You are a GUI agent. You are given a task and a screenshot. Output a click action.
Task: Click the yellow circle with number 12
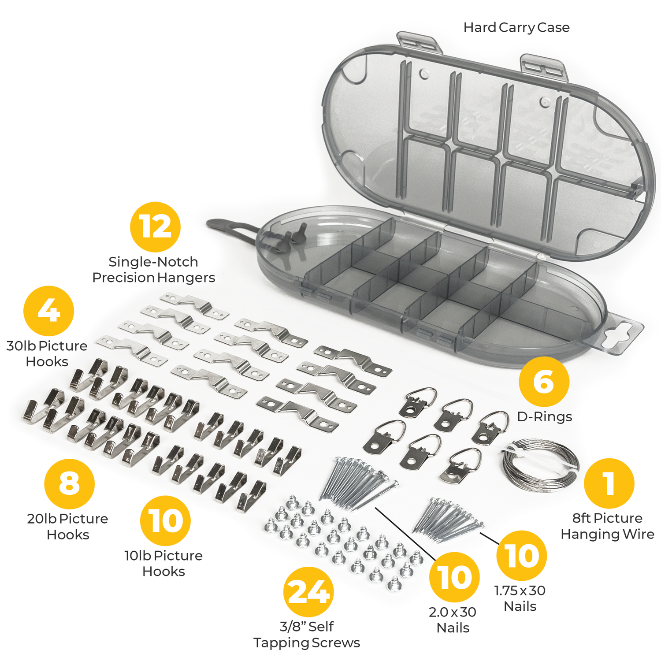point(155,227)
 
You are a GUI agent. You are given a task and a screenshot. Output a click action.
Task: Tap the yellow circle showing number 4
point(48,311)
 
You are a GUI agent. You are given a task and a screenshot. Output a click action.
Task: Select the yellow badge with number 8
point(70,484)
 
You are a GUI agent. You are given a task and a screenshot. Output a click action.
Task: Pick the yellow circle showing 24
point(308,592)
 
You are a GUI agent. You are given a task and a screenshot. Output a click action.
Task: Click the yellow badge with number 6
point(544,382)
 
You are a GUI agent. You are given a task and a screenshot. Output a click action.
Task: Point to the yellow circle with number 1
point(609,483)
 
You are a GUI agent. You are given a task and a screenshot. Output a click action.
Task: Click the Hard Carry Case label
point(516,28)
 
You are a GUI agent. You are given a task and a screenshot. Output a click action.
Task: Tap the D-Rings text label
point(545,416)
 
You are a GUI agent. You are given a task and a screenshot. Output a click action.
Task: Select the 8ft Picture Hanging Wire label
point(607,526)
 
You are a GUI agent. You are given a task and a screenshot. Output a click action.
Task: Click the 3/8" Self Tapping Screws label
point(307,635)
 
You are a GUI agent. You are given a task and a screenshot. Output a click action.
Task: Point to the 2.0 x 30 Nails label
point(453,620)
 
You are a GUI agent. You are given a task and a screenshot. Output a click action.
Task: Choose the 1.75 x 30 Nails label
point(520,598)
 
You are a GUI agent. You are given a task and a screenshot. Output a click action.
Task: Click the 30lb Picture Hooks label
point(47,354)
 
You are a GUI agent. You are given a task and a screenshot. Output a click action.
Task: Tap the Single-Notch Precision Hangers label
point(154,270)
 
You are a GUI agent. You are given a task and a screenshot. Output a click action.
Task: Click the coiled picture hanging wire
point(540,465)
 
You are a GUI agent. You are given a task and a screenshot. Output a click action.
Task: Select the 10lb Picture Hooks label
point(163,564)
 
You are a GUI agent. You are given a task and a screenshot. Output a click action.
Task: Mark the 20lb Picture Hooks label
point(67,527)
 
